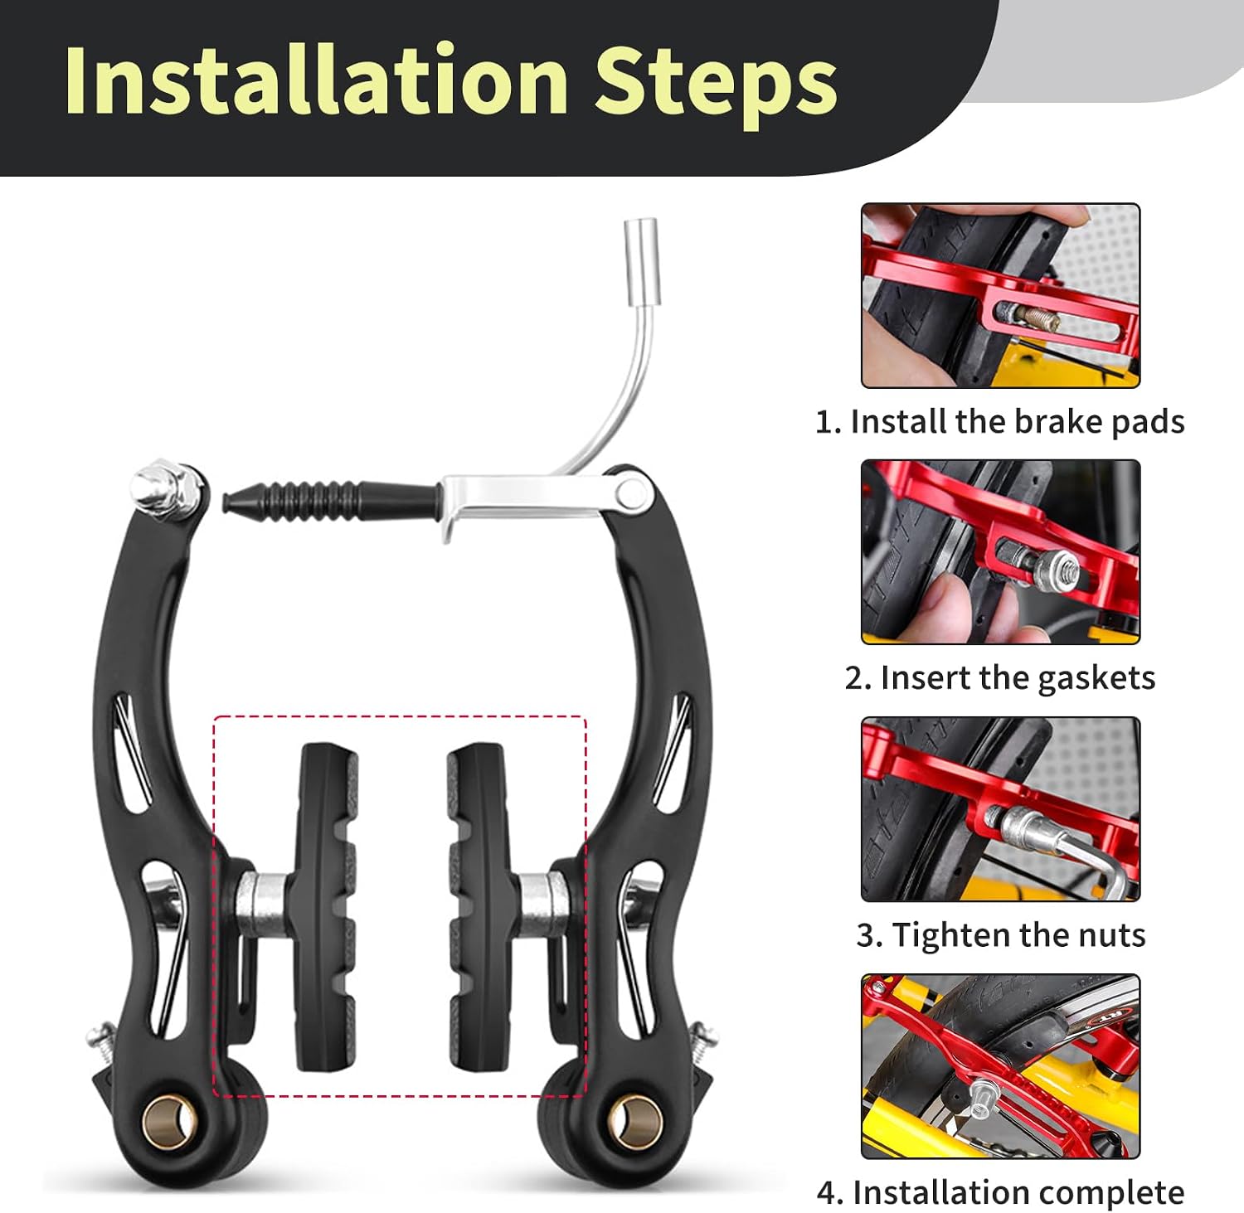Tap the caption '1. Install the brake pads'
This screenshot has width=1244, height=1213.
click(x=999, y=422)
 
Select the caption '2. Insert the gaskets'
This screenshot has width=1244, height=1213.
click(x=999, y=678)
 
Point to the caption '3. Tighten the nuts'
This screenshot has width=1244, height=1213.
click(x=1000, y=935)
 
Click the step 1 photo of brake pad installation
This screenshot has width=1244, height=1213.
click(x=1000, y=295)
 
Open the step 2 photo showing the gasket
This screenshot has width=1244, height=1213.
click(x=1000, y=552)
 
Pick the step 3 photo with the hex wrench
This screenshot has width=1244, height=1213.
click(x=1000, y=809)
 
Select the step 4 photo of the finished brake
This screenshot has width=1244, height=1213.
click(x=1000, y=1066)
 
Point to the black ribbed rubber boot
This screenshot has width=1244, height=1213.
click(x=329, y=501)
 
